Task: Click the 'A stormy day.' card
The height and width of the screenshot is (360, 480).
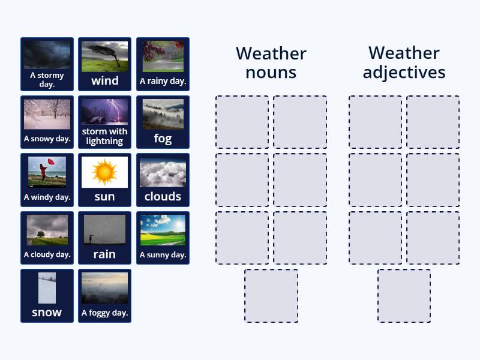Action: click(47, 64)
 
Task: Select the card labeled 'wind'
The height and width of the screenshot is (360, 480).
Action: click(104, 64)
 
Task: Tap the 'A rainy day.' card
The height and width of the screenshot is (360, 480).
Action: click(163, 64)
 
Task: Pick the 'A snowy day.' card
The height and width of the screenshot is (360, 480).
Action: click(47, 122)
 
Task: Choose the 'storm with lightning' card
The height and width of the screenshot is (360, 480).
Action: click(104, 122)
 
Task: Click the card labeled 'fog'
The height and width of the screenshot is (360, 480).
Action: click(163, 122)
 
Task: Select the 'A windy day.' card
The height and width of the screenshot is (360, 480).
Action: click(47, 179)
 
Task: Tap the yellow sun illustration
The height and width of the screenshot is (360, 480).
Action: click(104, 172)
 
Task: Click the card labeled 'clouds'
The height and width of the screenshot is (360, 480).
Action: click(163, 179)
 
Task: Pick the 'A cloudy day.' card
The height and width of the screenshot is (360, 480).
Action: click(47, 238)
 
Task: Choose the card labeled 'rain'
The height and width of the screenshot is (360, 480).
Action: click(104, 238)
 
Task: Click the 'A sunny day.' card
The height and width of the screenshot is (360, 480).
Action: click(163, 238)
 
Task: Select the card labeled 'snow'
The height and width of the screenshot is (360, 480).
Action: click(47, 295)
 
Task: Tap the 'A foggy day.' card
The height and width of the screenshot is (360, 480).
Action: click(104, 295)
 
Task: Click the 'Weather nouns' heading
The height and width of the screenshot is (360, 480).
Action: click(271, 62)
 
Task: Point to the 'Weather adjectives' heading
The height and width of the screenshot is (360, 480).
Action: click(404, 62)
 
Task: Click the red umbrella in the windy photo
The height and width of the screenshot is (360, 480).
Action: click(51, 163)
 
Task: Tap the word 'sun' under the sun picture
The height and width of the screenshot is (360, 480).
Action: click(104, 196)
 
